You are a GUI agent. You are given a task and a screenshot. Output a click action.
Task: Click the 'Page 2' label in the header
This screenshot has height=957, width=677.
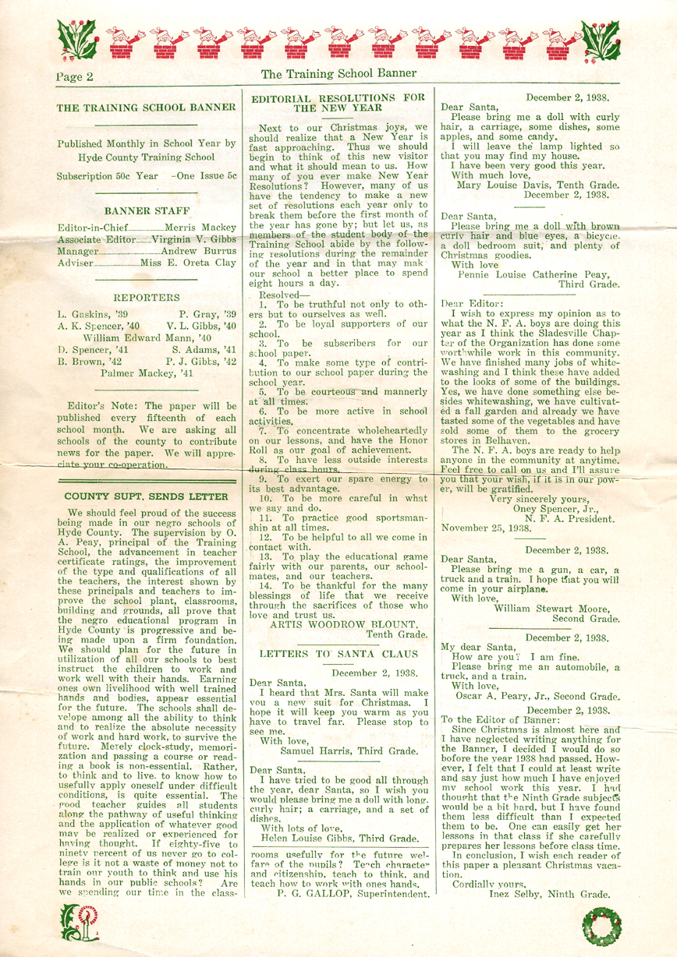75,76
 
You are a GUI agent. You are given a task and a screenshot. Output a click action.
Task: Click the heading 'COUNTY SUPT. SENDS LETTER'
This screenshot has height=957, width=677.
147,496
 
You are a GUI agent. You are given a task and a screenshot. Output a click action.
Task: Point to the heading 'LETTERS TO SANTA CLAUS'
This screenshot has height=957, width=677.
338,655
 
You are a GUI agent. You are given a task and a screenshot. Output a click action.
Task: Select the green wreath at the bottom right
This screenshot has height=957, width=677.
601,927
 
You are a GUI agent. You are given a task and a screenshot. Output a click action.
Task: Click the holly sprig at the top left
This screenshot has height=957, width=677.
77,39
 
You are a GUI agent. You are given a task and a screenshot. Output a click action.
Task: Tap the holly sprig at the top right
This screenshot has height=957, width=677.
601,39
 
